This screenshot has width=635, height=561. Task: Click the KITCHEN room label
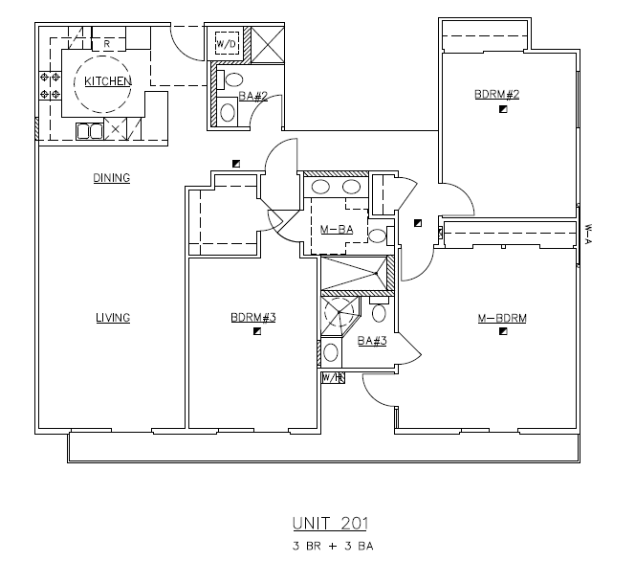(107, 81)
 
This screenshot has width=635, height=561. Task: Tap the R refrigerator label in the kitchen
(107, 44)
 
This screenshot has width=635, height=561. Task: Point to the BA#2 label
(251, 96)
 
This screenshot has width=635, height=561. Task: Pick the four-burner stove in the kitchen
(50, 85)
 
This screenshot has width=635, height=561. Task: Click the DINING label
(111, 178)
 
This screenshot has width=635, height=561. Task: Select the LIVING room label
(112, 318)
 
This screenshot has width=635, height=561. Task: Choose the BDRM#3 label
(252, 318)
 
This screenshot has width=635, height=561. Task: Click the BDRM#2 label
(497, 95)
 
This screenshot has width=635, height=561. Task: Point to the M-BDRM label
(503, 318)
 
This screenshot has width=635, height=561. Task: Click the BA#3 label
(371, 340)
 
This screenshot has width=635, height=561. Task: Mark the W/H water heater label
(331, 378)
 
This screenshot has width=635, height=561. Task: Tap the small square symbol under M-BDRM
(502, 333)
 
